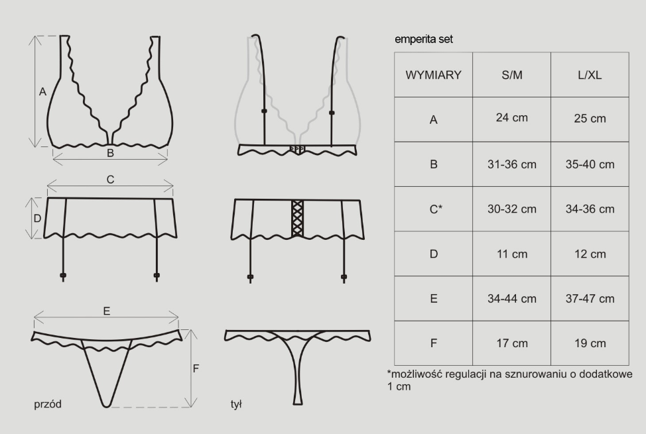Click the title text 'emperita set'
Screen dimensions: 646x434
(x=424, y=40)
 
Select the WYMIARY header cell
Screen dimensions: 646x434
(x=433, y=75)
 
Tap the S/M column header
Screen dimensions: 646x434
(x=511, y=75)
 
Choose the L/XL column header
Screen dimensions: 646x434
(x=590, y=75)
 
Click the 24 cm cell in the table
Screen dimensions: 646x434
(x=511, y=119)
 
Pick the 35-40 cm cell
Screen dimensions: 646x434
(x=590, y=164)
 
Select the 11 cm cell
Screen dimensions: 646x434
(x=511, y=254)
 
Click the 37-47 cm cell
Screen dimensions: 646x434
(x=590, y=299)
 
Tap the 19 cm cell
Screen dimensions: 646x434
(x=590, y=343)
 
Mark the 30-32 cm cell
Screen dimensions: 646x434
(x=511, y=209)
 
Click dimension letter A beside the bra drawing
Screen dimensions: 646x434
(x=42, y=92)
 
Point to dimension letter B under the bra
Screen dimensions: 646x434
(x=110, y=153)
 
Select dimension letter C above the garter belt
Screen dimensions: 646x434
(x=110, y=180)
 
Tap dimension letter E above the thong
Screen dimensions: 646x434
(x=107, y=311)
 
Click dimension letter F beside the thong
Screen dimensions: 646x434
(x=196, y=368)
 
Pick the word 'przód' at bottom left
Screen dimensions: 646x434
(x=48, y=404)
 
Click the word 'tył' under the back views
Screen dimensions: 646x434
(x=236, y=404)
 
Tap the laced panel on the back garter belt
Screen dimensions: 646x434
(x=297, y=219)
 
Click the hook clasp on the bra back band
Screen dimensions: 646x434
(x=297, y=148)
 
